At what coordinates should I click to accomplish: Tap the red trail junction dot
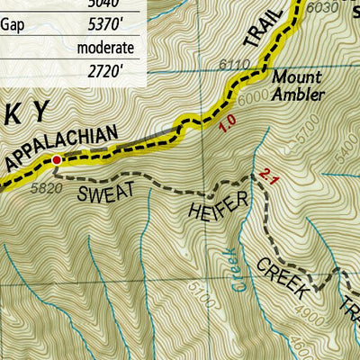click(x=56, y=159)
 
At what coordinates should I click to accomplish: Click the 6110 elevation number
click(x=234, y=64)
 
